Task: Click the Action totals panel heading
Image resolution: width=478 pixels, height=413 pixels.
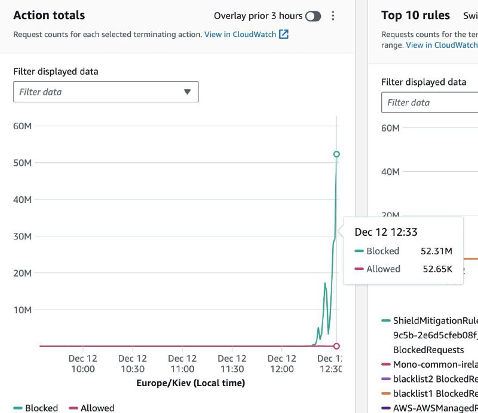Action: (49, 16)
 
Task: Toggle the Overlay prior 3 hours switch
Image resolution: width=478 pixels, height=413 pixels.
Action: (313, 16)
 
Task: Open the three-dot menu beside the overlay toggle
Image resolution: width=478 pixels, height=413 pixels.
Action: (333, 16)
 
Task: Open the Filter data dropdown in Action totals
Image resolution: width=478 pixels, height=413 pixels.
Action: (106, 92)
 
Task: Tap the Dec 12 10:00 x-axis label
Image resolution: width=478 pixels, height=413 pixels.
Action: (82, 364)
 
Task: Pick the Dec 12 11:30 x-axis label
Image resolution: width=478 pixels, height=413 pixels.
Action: (232, 364)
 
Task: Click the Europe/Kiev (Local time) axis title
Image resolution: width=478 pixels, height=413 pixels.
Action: (191, 383)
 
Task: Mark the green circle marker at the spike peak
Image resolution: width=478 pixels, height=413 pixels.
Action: (336, 154)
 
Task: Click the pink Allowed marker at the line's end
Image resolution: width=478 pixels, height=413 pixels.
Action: (336, 346)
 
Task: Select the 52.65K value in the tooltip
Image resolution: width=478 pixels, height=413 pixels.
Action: (437, 269)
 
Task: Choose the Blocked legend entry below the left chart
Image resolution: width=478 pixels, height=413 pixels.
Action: (36, 408)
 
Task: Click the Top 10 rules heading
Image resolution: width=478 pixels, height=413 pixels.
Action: (416, 16)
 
